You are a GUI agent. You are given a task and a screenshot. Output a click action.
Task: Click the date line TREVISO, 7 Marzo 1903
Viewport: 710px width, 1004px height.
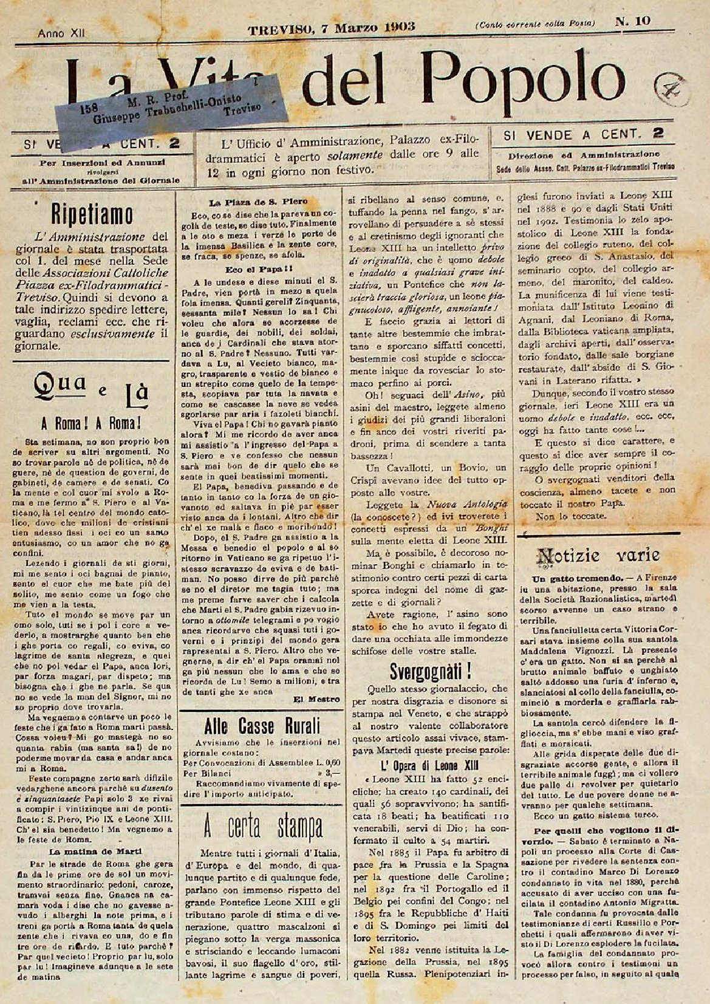point(332,26)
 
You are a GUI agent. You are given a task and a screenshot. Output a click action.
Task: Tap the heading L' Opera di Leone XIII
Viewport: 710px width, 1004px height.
point(428,762)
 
